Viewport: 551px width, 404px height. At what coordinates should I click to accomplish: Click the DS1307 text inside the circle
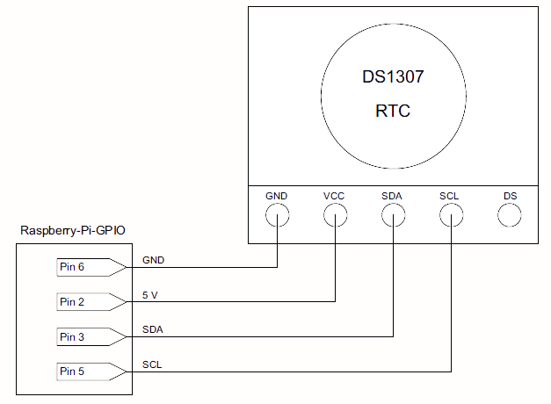point(393,77)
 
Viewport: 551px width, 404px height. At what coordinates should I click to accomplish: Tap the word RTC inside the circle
point(393,111)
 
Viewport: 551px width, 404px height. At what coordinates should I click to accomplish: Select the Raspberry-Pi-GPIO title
point(73,230)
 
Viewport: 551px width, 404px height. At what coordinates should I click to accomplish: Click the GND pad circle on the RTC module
point(265,215)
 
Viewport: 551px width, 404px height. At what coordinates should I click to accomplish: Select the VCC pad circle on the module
point(323,215)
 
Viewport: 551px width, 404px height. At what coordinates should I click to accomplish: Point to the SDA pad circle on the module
point(381,215)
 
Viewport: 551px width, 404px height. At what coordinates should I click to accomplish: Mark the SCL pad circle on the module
point(439,215)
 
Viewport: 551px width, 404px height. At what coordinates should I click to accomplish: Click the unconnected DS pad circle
point(497,215)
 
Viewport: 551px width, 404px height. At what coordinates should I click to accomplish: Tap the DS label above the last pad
point(511,196)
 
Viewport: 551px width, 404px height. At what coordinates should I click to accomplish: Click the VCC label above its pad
point(334,196)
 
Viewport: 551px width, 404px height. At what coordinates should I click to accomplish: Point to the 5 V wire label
point(150,295)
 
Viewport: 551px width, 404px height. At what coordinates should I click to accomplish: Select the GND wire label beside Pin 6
point(153,260)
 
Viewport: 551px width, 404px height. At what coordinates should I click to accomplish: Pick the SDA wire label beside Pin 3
point(153,330)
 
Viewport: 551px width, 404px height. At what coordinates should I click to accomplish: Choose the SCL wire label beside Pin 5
point(152,364)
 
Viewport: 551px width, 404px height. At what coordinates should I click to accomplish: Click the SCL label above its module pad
point(449,196)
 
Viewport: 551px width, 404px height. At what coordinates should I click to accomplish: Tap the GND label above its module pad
point(277,196)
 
